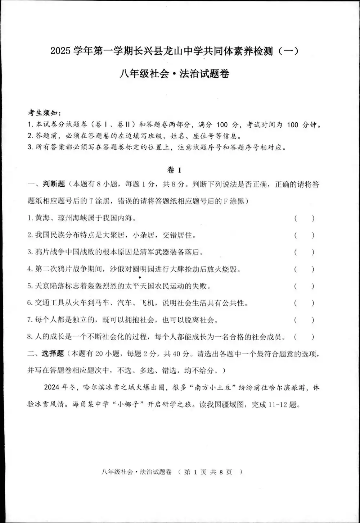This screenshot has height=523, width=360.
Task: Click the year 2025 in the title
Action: coord(60,51)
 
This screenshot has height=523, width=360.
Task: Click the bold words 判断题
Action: coord(54,184)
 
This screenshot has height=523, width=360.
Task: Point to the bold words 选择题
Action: coord(53,354)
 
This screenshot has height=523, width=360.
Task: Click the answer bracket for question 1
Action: coord(304,218)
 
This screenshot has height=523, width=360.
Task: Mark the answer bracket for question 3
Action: coord(304,252)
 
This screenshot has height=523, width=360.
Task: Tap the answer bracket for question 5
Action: coord(304,286)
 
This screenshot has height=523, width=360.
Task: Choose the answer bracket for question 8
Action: coord(304,337)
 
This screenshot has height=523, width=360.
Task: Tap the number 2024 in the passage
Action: coord(52,387)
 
